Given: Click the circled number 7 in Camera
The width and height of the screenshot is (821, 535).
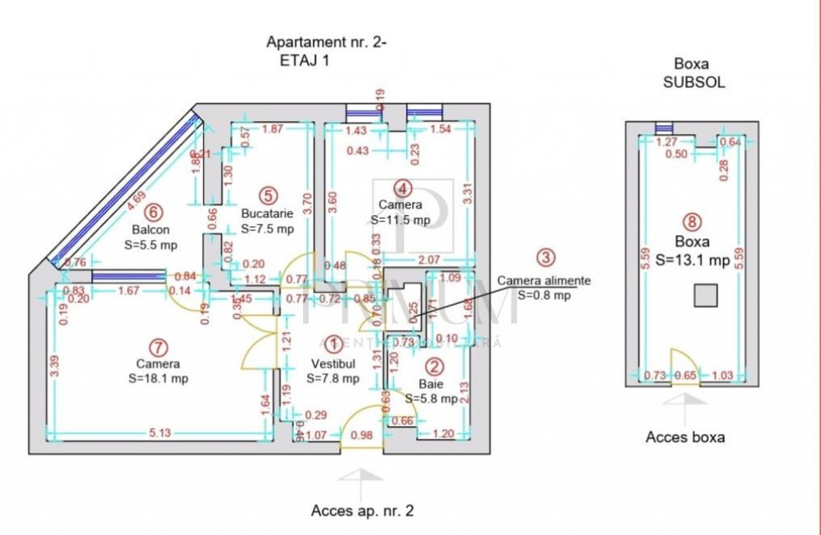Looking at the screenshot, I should [160, 347].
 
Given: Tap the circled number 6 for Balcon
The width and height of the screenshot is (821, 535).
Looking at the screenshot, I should [152, 213].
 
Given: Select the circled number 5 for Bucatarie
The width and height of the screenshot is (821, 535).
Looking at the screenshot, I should [268, 195].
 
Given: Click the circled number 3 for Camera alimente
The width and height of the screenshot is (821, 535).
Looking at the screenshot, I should [545, 258].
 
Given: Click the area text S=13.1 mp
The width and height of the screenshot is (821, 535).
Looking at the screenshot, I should [692, 260].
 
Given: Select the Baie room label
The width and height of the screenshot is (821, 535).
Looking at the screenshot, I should [429, 384].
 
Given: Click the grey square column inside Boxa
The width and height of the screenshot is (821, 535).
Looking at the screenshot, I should [705, 296].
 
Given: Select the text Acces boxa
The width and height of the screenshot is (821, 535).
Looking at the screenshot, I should [685, 437].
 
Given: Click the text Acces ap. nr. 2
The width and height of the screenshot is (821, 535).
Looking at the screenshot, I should [362, 510].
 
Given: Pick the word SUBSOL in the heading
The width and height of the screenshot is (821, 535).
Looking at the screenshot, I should [694, 82].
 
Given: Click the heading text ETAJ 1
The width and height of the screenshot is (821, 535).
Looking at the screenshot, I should [305, 60].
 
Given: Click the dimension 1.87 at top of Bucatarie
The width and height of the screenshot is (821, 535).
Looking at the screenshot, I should [272, 129].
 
